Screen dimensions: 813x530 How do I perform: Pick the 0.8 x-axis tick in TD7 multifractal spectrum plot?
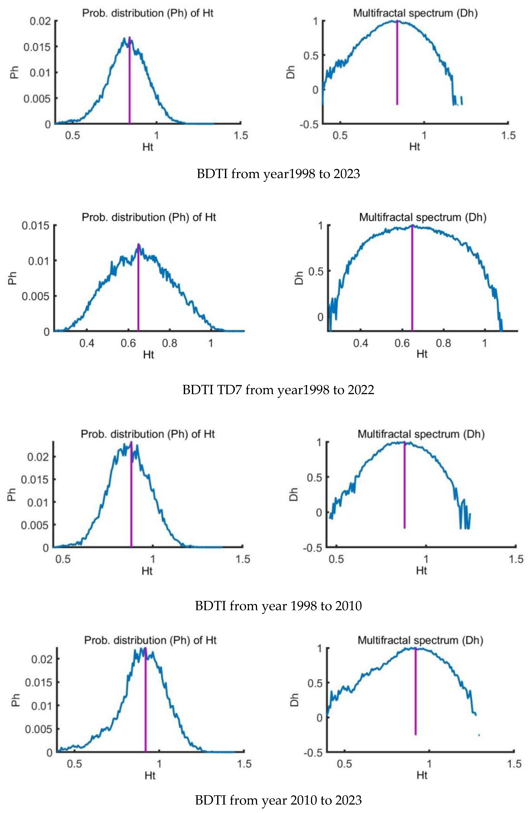(x=443, y=343)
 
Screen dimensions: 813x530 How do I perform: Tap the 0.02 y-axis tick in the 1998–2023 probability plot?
(x=40, y=21)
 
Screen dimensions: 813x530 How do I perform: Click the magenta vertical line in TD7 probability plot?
(x=138, y=290)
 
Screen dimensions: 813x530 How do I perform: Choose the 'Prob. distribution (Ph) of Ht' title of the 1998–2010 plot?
(x=148, y=434)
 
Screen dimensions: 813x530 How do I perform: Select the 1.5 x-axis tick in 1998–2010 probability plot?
(x=243, y=559)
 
